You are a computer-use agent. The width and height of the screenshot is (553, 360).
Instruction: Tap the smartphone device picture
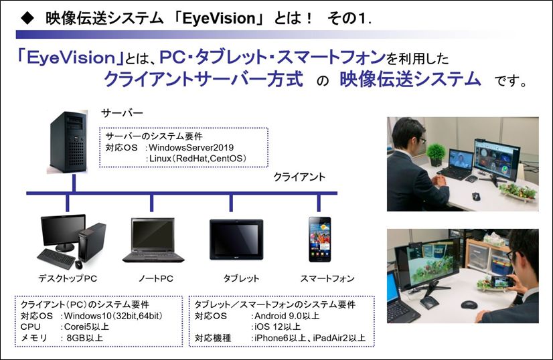tap(320, 240)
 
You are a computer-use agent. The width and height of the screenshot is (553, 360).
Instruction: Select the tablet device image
tap(236, 240)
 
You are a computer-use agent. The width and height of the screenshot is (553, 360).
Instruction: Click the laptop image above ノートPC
tap(153, 240)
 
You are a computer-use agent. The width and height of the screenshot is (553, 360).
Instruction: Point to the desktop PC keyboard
tap(56, 258)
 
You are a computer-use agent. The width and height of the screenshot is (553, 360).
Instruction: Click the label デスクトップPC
tap(68, 278)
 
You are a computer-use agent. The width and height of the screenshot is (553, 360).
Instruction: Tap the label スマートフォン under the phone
tap(327, 278)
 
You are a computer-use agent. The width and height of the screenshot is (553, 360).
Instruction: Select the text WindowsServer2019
tap(191, 147)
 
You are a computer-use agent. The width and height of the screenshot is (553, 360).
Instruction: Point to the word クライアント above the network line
tap(299, 177)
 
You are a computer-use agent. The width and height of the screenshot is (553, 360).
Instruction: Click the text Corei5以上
tap(86, 327)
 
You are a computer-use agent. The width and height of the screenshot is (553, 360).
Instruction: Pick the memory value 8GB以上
tap(84, 338)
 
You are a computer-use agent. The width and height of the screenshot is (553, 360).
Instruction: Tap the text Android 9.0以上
tap(287, 316)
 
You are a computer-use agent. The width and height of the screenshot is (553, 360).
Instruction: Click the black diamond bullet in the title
tap(27, 18)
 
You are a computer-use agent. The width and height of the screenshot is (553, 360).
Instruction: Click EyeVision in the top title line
tap(219, 18)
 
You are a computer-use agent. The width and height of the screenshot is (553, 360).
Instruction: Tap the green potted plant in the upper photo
tap(436, 154)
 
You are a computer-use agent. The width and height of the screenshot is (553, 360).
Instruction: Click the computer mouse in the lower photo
tap(469, 304)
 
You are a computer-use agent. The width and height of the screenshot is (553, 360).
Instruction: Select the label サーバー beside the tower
tap(122, 113)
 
